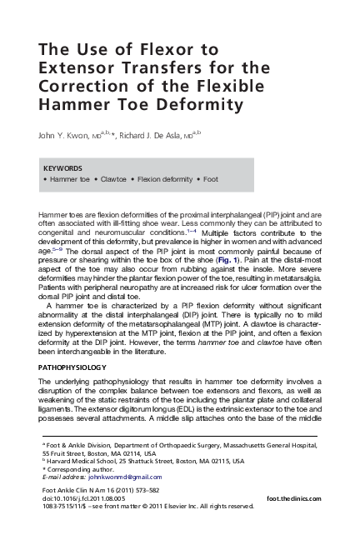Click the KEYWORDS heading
[62, 167]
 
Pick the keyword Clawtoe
[119, 179]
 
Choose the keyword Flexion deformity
[166, 179]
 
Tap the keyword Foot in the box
[211, 179]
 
